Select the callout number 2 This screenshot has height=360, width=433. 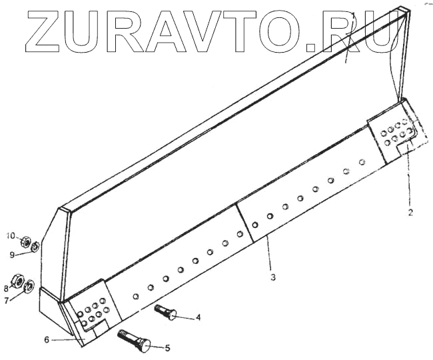(410, 213)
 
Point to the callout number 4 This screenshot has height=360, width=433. (199, 318)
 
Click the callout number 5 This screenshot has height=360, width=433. (167, 347)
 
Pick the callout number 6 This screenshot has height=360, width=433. (47, 340)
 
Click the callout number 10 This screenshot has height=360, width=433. (10, 236)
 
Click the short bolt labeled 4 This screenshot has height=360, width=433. (167, 312)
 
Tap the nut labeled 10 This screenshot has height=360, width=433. (24, 241)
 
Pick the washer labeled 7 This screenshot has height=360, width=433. (29, 287)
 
